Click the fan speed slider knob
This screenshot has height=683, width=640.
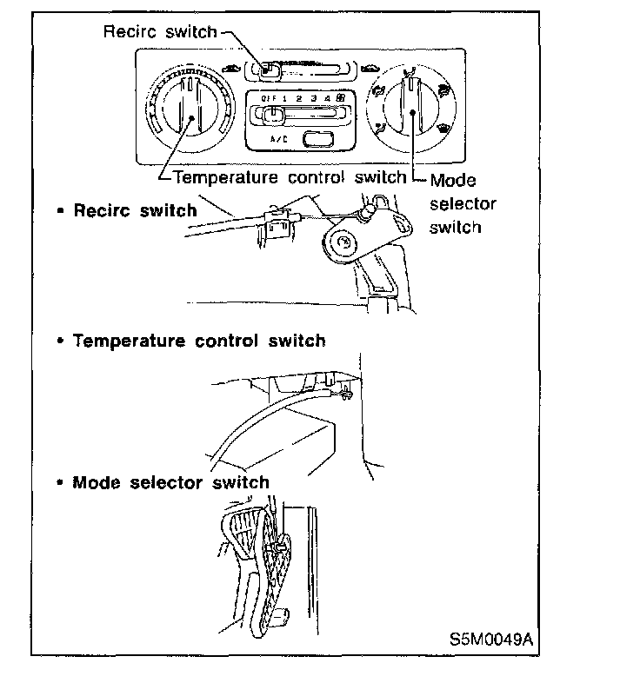[273, 114]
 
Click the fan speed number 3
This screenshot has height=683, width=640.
[313, 98]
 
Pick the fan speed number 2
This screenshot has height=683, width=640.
[298, 98]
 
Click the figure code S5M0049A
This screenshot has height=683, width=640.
[491, 640]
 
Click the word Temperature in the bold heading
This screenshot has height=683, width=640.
[130, 341]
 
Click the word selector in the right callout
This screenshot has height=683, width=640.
[463, 204]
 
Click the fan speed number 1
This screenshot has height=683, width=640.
[283, 98]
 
